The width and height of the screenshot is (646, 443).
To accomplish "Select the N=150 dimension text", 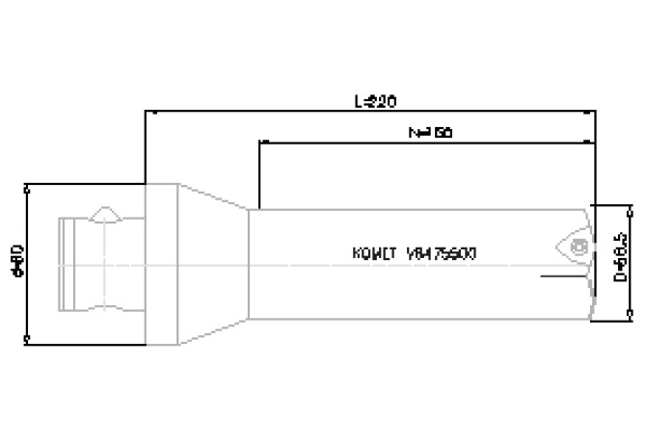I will click(x=424, y=132).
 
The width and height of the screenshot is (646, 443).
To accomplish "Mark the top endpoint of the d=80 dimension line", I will click(x=28, y=186).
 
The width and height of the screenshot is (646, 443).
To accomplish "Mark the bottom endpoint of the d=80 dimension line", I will click(x=28, y=340).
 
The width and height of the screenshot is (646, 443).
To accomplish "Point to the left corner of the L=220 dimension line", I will click(x=145, y=113).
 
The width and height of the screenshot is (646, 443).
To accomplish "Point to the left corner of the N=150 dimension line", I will click(x=259, y=143).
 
